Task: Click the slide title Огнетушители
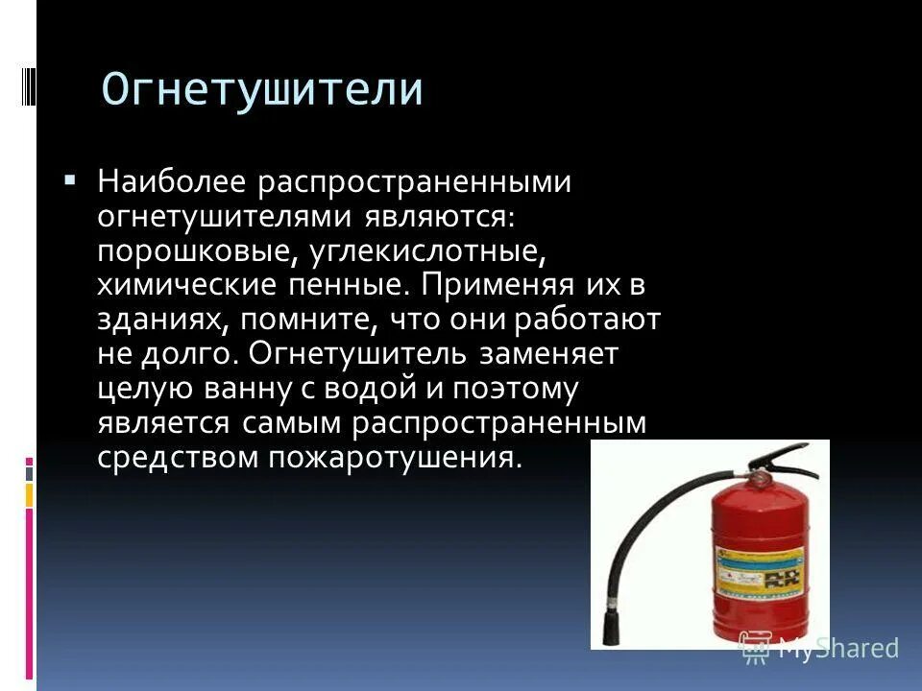tap(262, 90)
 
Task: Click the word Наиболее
tap(171, 182)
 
